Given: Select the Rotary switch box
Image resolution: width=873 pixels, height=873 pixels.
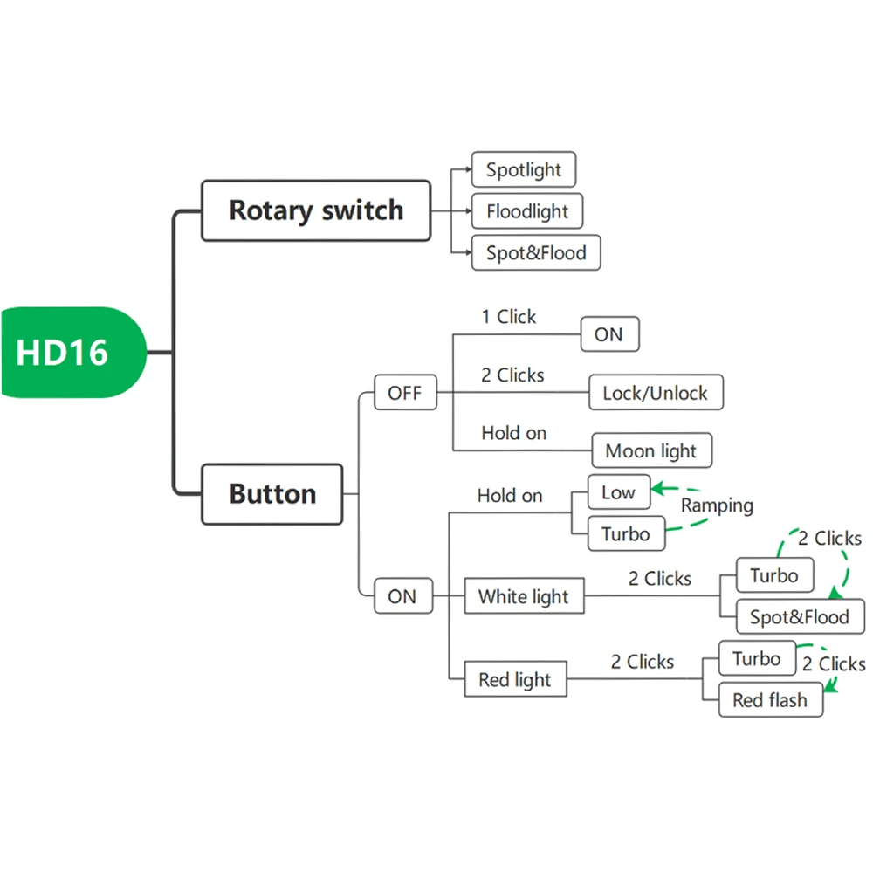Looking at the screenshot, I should coord(316,210).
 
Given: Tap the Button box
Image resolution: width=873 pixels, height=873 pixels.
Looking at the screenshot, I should coord(272,494).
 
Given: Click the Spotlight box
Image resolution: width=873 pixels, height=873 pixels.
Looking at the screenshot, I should coord(523,169).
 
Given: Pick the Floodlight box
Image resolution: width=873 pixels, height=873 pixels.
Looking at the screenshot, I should coord(526,211).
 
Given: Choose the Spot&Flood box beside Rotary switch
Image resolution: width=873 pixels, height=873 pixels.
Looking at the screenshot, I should coord(535,253).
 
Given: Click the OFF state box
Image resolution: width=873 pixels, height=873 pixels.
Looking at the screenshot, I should coord(404,393).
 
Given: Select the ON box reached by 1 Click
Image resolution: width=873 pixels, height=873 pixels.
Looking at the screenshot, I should coord(608,334).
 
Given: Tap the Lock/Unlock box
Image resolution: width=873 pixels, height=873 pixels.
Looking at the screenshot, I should coord(655,393).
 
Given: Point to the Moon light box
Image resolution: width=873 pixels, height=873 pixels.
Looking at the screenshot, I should coord(651,451).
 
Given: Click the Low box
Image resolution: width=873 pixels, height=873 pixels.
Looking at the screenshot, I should coord(618,492).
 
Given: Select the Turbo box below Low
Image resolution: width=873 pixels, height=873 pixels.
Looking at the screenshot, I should coord(625,534).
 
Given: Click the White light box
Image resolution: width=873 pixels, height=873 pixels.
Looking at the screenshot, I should coord(523,597).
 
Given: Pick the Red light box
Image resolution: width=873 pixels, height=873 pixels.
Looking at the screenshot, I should coord(514,680).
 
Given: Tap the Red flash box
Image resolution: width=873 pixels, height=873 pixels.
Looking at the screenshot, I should coord(770,700).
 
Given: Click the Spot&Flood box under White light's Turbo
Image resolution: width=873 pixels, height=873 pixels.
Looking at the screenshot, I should coord(799,617).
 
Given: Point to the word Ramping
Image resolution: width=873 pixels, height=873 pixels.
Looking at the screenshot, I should coord(717,505).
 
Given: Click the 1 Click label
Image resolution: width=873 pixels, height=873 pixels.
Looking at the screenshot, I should coord(509,317).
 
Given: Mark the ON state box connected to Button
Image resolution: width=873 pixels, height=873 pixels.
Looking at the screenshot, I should coord(402,597).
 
